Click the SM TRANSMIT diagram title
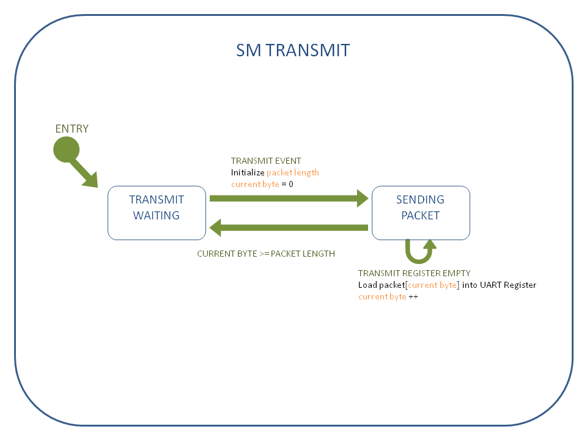[293, 50]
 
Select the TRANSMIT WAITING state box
[157, 213]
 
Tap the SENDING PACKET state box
[421, 213]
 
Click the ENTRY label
[72, 129]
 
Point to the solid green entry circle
[67, 150]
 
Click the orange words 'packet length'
[293, 172]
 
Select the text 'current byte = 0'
[262, 183]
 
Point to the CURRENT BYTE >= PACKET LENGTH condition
[266, 254]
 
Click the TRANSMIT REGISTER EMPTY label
[414, 273]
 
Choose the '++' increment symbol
[413, 296]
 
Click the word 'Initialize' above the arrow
[248, 172]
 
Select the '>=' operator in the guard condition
[264, 254]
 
